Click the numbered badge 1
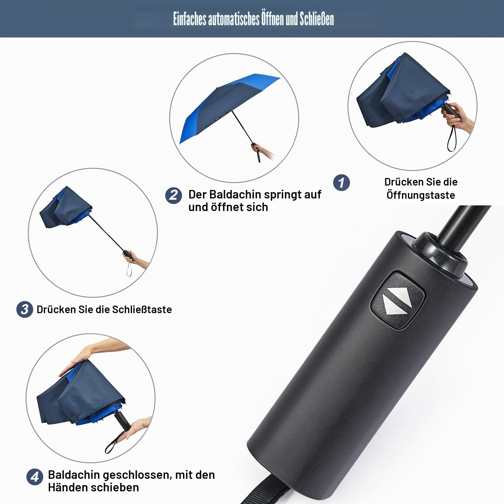[341, 182]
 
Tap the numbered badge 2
[174, 195]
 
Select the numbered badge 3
[25, 309]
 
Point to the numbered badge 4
[35, 477]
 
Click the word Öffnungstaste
[421, 195]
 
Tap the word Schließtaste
[142, 309]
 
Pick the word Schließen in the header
[317, 19]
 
